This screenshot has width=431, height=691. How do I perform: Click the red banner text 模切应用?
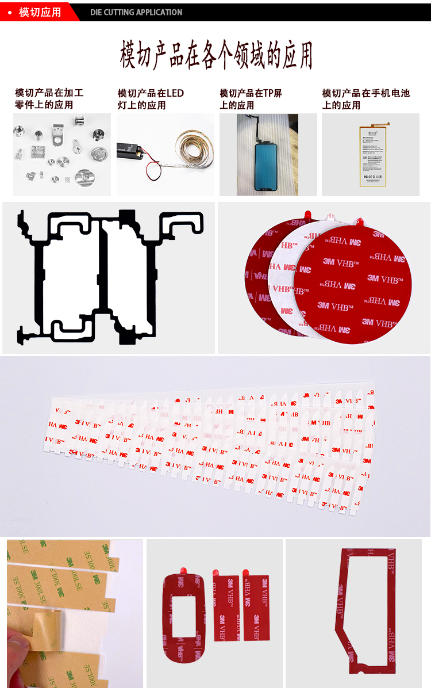coord(40,12)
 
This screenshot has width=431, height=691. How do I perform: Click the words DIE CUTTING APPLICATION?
coord(136,12)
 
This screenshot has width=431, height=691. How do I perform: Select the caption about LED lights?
coord(151,99)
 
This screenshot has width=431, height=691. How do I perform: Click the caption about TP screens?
coord(251,99)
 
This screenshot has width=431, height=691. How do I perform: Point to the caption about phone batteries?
coord(365,99)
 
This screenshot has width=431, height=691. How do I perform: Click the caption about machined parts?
coord(49,99)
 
